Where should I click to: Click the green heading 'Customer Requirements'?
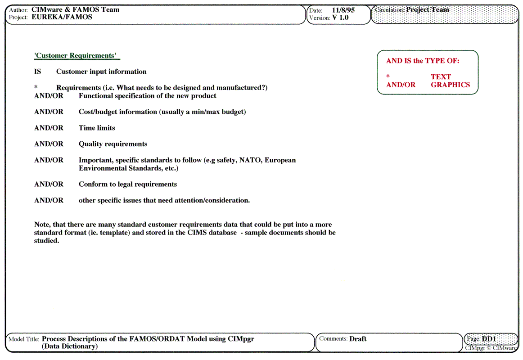pos(76,56)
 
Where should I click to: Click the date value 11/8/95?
pos(343,10)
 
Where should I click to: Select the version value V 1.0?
pos(340,18)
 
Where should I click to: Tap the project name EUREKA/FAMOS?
pos(62,17)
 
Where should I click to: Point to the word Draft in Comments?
pos(358,339)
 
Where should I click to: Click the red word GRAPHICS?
pos(450,85)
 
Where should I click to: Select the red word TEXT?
pos(441,77)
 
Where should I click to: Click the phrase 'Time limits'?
pos(97,128)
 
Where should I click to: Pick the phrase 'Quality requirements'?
pos(113,144)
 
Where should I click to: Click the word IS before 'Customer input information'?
pos(37,72)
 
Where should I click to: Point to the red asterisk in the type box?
pos(388,76)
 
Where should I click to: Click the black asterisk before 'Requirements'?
pos(36,87)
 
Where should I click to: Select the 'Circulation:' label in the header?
pos(389,9)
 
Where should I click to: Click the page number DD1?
pos(489,339)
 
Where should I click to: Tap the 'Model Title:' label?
pos(24,339)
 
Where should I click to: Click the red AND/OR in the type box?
pos(401,85)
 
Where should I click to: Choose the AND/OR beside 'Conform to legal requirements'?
pos(49,184)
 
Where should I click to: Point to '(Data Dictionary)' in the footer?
pos(70,346)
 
